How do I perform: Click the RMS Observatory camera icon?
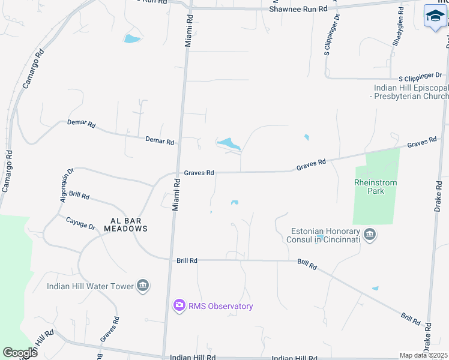179,306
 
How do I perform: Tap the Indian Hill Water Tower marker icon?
143,285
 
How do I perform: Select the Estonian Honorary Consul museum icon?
370,234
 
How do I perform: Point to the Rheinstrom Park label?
376,187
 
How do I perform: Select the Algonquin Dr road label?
65,185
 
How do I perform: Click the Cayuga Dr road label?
80,223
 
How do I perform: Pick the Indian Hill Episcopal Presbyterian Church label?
410,92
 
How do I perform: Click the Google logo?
20,352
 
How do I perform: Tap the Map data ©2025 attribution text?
424,355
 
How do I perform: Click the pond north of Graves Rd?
228,144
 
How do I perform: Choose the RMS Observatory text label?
221,306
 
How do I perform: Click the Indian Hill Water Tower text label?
90,286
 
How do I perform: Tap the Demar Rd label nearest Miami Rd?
160,141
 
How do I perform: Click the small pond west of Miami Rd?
131,40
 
